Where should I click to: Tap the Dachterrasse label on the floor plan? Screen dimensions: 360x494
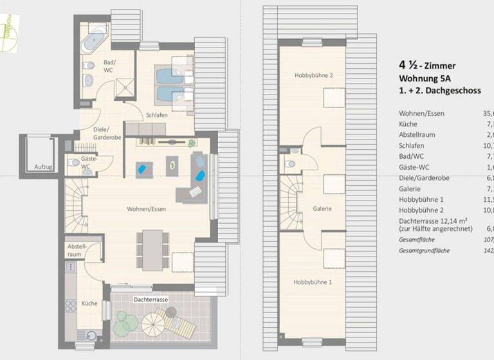(x=151, y=300)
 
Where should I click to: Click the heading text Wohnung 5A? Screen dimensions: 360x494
(x=427, y=78)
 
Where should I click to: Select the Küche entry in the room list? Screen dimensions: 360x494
(x=408, y=124)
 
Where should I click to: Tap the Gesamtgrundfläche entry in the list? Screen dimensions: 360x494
(x=424, y=249)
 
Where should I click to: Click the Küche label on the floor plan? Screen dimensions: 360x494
(x=89, y=303)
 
